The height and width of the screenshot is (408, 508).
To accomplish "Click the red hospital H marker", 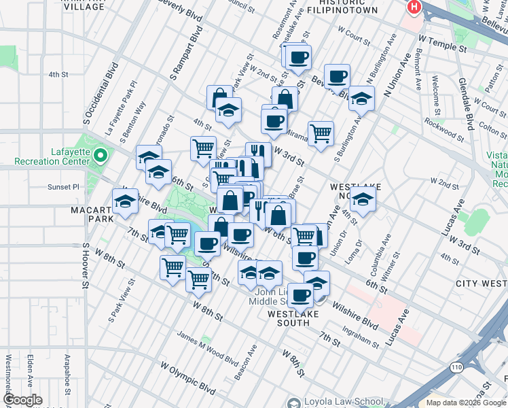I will pyautogui.click(x=413, y=7).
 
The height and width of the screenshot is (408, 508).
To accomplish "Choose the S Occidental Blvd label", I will pyautogui.click(x=101, y=94).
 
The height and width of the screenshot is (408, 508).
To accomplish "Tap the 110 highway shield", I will pyautogui.click(x=456, y=367).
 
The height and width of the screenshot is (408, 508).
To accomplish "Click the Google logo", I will pyautogui.click(x=23, y=400).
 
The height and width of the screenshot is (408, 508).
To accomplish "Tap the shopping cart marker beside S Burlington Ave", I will pyautogui.click(x=320, y=133).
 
